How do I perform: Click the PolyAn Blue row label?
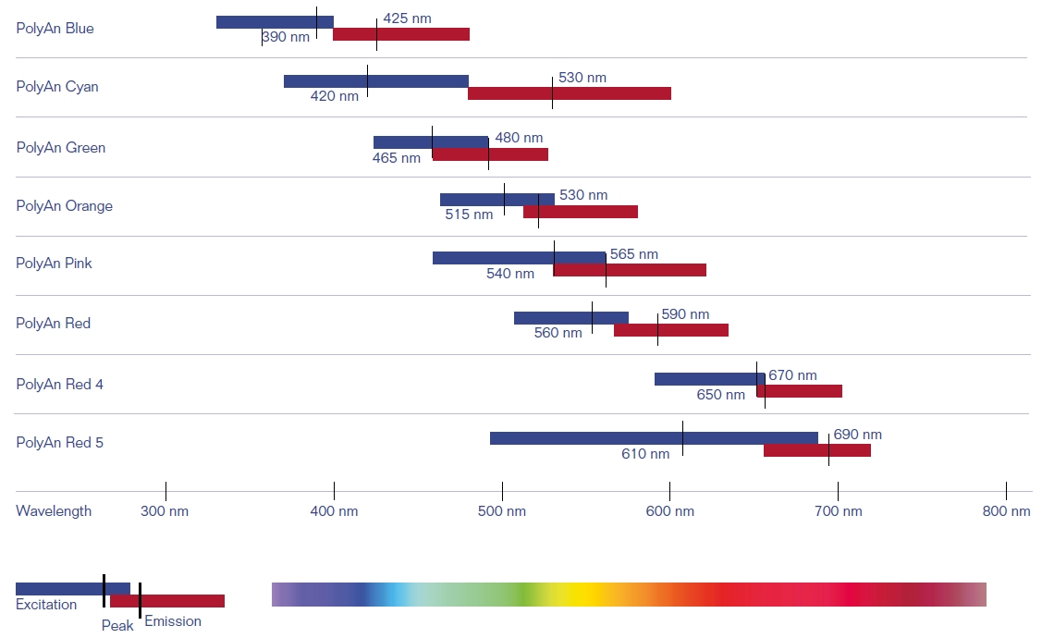tap(55, 29)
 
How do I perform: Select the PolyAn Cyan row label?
tap(57, 87)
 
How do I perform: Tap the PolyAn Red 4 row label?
tap(59, 384)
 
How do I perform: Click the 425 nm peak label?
tap(407, 18)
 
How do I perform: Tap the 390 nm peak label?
tap(287, 38)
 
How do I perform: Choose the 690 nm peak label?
tap(857, 435)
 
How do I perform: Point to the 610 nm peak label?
tap(645, 454)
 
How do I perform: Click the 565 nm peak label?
tap(634, 254)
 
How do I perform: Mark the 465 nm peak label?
tap(396, 158)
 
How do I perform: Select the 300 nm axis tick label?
tap(165, 511)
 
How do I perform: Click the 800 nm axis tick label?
tap(1006, 511)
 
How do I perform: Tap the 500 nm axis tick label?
tap(502, 511)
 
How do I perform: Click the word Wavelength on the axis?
tap(54, 511)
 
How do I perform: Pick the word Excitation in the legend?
tap(46, 605)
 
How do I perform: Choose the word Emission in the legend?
tap(173, 621)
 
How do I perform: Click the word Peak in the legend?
tap(117, 626)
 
